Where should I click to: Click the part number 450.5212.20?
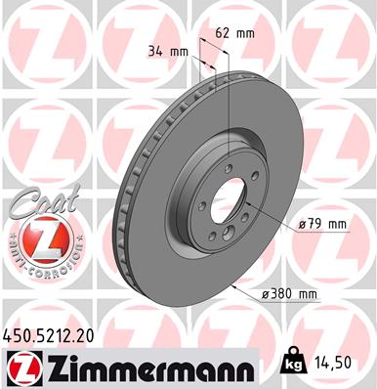click(x=54, y=336)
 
